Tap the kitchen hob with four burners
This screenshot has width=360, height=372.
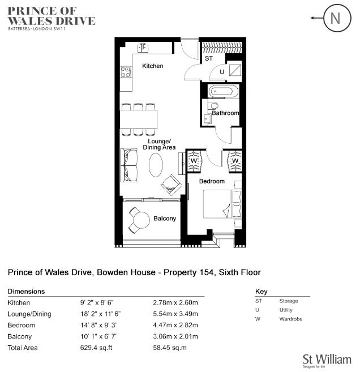coord(126,72)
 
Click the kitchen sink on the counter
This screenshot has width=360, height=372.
coord(143,48)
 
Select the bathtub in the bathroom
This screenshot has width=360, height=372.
coord(223,91)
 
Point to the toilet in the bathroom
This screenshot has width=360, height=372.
coord(213,105)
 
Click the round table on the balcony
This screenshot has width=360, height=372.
coord(142,220)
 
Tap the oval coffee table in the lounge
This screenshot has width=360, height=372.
coord(156,165)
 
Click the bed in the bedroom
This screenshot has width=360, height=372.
coord(222,204)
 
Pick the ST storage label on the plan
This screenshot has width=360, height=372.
coord(209,58)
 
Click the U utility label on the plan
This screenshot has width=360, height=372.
coord(222,72)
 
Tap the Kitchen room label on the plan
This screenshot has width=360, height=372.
coord(153,66)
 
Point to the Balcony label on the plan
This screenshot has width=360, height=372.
coord(165,219)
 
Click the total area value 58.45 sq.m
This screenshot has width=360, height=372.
coord(170,348)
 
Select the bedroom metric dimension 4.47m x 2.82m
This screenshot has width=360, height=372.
coord(175,325)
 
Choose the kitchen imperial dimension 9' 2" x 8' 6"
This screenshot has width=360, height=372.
coord(97,303)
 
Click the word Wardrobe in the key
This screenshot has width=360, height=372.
coord(291,319)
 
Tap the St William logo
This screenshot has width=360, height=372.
coord(327,360)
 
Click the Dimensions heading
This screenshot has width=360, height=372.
coord(26,292)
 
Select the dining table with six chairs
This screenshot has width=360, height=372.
coord(139,119)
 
